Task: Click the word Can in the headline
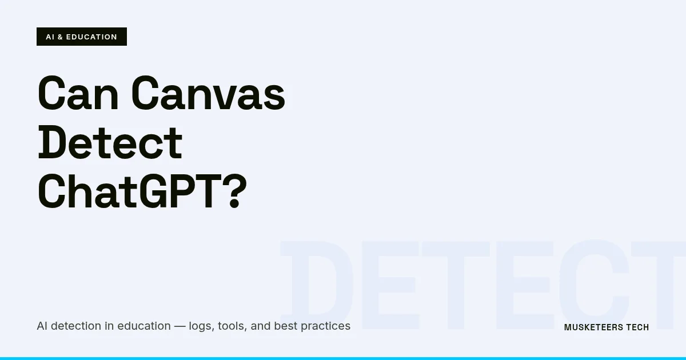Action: pyautogui.click(x=77, y=94)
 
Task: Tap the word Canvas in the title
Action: pyautogui.click(x=208, y=94)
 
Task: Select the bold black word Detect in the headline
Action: pyautogui.click(x=110, y=144)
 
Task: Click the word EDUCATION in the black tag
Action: pyautogui.click(x=91, y=37)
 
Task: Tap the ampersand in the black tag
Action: pyautogui.click(x=61, y=37)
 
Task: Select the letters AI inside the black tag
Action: pyautogui.click(x=50, y=37)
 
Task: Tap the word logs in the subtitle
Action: pyautogui.click(x=200, y=326)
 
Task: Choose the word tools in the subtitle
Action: pyautogui.click(x=232, y=326)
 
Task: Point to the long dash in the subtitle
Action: pyautogui.click(x=180, y=326)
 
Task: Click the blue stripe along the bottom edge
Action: pyautogui.click(x=343, y=358)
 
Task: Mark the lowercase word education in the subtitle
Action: pyautogui.click(x=144, y=326)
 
